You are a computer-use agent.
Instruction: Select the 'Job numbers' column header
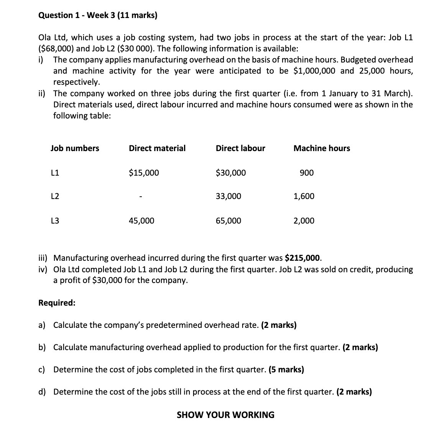[x=75, y=148]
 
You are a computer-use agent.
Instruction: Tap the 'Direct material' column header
[x=157, y=148]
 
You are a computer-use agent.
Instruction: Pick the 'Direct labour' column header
[x=240, y=148]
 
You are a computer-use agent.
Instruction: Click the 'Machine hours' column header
[x=322, y=148]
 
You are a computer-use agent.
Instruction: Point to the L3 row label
[x=55, y=220]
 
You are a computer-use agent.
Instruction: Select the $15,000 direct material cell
[x=144, y=173]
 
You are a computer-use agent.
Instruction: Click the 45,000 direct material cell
[x=142, y=220]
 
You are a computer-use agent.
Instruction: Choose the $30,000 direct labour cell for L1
[x=231, y=173]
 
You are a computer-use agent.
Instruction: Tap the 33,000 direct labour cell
[x=228, y=196]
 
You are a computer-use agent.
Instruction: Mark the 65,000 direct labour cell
[x=228, y=220]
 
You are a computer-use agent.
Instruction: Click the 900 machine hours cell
[x=307, y=173]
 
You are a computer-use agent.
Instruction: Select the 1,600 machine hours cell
[x=304, y=196]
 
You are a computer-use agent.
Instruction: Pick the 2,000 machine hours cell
[x=304, y=220]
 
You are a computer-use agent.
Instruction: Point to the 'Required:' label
[x=57, y=303]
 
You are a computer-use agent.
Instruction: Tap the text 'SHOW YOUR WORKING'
[x=225, y=415]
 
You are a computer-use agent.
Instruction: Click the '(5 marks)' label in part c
[x=286, y=370]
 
